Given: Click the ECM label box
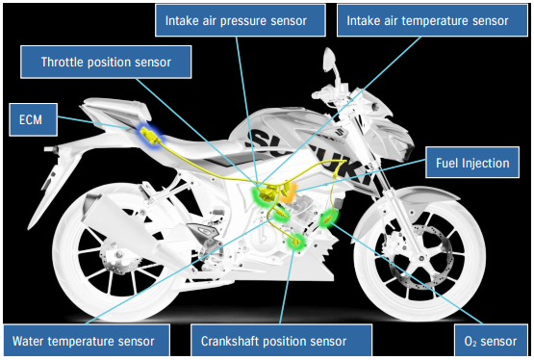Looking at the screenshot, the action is [33, 119].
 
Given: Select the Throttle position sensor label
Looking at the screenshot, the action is [106, 62].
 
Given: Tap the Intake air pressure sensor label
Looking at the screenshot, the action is [241, 20].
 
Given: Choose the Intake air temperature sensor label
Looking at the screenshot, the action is [432, 20].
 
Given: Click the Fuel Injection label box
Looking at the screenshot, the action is [472, 163].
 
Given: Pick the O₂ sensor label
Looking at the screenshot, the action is [491, 341].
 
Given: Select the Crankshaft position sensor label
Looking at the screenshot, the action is [281, 341].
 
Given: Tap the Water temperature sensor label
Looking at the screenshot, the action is [87, 341].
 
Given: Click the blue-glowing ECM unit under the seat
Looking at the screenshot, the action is [150, 135].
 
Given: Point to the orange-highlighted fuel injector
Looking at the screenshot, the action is [288, 192].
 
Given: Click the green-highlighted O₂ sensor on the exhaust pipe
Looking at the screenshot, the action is [328, 219].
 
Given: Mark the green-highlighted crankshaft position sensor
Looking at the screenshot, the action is [295, 242].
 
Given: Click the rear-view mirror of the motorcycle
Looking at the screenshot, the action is [330, 58].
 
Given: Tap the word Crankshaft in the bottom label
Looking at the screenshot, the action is [230, 341].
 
